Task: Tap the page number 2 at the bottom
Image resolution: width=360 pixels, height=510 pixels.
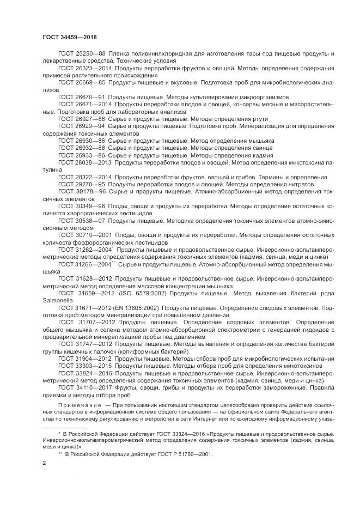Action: (44, 463)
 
